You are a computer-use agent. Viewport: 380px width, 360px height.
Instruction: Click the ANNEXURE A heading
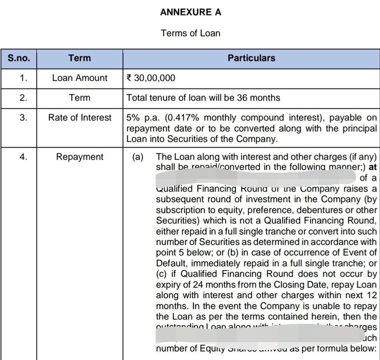[x=190, y=12]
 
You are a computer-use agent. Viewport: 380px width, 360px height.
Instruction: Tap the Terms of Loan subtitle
[x=190, y=33]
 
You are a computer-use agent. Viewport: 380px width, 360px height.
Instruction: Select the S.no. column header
[x=19, y=58]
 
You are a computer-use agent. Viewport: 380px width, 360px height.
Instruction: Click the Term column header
[x=80, y=58]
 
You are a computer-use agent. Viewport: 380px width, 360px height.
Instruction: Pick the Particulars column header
[x=251, y=58]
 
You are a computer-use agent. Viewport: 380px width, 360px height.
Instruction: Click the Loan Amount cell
[x=80, y=78]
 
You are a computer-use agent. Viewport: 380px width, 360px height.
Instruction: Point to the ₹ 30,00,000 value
[x=151, y=78]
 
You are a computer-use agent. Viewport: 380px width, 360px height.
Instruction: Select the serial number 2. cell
[x=23, y=98]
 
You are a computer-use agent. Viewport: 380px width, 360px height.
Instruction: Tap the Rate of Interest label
[x=80, y=118]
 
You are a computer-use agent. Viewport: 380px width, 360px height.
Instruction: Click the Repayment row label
[x=80, y=157]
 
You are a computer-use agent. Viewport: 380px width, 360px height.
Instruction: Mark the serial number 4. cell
[x=23, y=157]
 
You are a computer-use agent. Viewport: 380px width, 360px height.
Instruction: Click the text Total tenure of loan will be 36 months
[x=203, y=98]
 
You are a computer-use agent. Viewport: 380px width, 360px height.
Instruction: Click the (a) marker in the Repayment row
[x=138, y=157]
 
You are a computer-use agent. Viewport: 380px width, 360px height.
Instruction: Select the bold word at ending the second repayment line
[x=373, y=167]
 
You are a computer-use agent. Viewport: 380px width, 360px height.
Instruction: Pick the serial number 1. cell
[x=23, y=78]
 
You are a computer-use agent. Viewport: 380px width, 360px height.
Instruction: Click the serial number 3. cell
[x=23, y=118]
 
